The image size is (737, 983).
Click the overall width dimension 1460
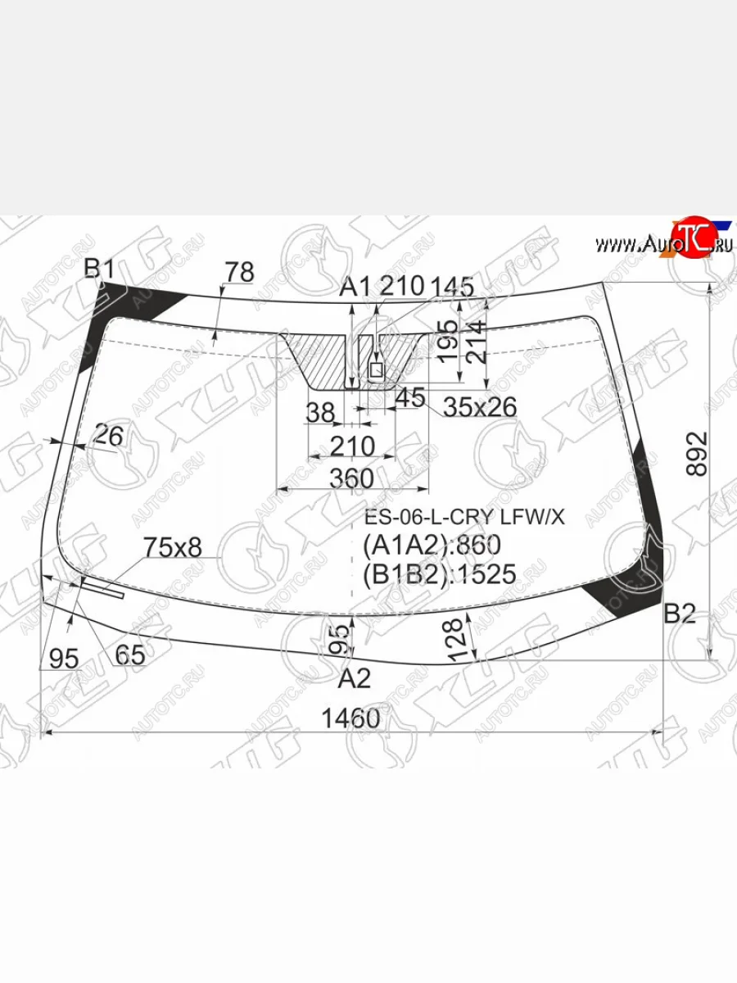click(x=350, y=718)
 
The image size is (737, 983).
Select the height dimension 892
click(x=697, y=454)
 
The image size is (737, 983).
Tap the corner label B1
click(x=99, y=269)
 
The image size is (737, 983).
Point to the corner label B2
click(x=680, y=614)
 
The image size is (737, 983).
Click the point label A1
click(x=355, y=287)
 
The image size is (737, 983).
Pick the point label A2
click(x=354, y=679)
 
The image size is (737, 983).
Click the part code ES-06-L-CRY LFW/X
click(x=464, y=518)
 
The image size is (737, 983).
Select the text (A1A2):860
click(x=432, y=545)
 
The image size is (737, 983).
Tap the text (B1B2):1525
click(x=440, y=573)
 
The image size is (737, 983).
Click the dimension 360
click(x=352, y=478)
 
